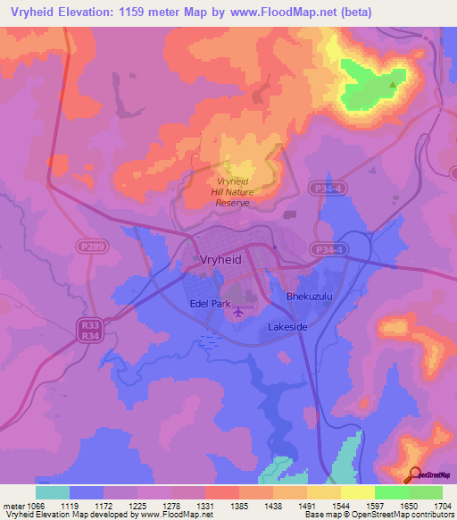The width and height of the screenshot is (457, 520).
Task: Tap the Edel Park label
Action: (211, 303)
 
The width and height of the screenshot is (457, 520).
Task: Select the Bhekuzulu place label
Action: (309, 296)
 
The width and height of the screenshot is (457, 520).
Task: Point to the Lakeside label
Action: (287, 328)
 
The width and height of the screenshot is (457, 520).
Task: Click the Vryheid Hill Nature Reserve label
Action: (231, 192)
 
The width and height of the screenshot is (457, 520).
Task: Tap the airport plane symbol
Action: (237, 313)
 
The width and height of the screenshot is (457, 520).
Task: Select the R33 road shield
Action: (88, 325)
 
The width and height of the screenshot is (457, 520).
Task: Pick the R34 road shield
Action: (88, 336)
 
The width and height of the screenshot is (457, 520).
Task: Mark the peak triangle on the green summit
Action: (393, 86)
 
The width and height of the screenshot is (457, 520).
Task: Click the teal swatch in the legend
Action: (53, 491)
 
